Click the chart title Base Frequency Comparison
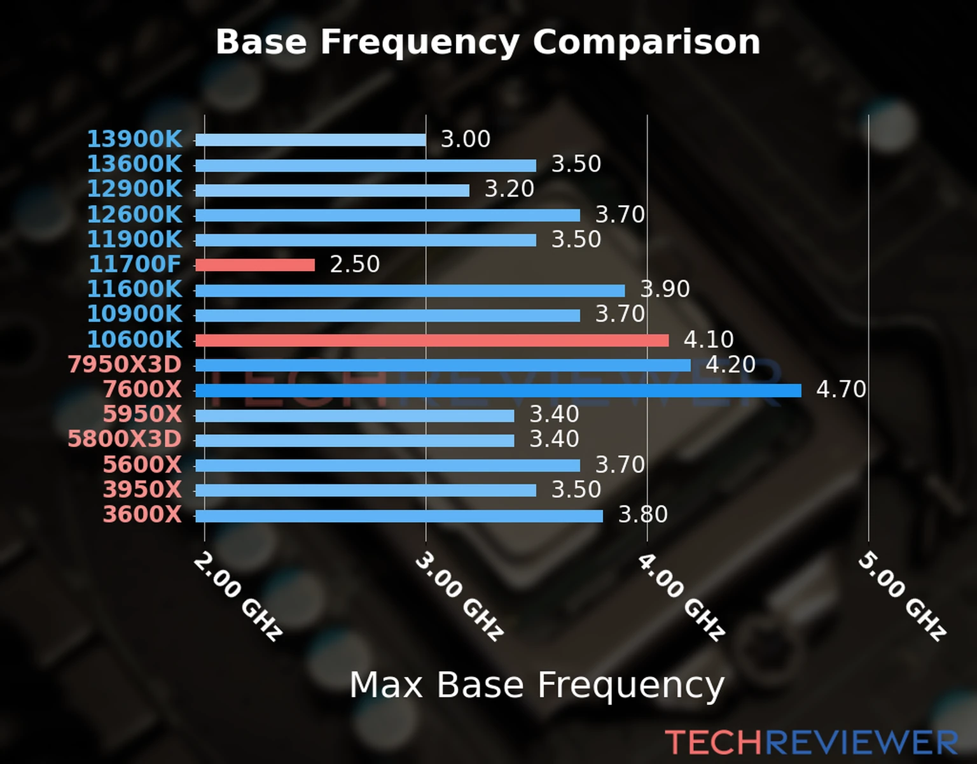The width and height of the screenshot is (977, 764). pyautogui.click(x=488, y=42)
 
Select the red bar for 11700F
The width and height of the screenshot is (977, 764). pyautogui.click(x=255, y=265)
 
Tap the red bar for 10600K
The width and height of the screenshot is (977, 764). pyautogui.click(x=432, y=341)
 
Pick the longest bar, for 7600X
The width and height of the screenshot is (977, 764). pyautogui.click(x=498, y=390)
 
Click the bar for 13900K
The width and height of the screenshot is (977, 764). pyautogui.click(x=310, y=140)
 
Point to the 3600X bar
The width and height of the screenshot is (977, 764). pyautogui.click(x=399, y=516)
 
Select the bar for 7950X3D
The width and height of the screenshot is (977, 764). pyautogui.click(x=443, y=365)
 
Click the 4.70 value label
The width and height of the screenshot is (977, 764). pyautogui.click(x=841, y=389)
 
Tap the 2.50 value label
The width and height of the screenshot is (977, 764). pyautogui.click(x=354, y=264)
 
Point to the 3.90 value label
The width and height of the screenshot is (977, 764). pyautogui.click(x=665, y=289)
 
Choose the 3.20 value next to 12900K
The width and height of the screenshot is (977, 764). pyautogui.click(x=509, y=189)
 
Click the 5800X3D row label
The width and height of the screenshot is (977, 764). pyautogui.click(x=125, y=439)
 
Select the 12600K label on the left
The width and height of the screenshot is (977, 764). pyautogui.click(x=134, y=215)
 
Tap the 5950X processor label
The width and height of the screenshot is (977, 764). pyautogui.click(x=142, y=414)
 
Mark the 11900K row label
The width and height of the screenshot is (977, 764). pyautogui.click(x=134, y=239)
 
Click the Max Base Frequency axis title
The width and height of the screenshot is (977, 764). pyautogui.click(x=537, y=686)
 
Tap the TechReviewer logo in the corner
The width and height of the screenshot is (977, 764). pyautogui.click(x=811, y=742)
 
